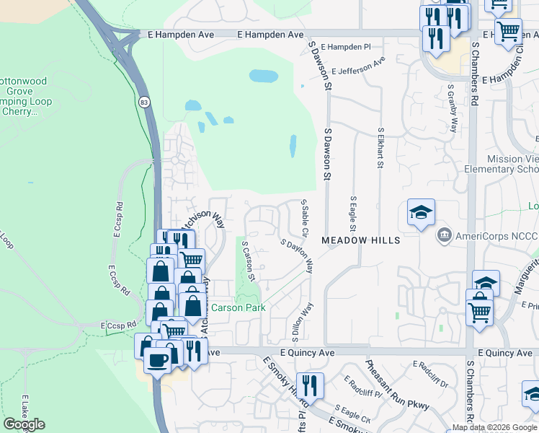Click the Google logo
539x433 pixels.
pyautogui.click(x=24, y=424)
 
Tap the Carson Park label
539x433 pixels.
pyautogui.click(x=238, y=307)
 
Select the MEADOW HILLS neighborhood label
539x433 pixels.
pyautogui.click(x=360, y=240)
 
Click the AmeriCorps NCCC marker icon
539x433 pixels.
pyautogui.click(x=444, y=236)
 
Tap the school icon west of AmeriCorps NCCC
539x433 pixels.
pyautogui.click(x=421, y=213)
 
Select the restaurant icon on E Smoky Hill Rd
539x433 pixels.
pyautogui.click(x=311, y=385)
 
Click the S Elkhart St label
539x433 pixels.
pyautogui.click(x=380, y=149)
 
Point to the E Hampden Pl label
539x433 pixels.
pyautogui.click(x=345, y=46)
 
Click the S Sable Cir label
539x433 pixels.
pyautogui.click(x=305, y=220)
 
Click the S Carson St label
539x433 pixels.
pyautogui.click(x=249, y=261)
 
